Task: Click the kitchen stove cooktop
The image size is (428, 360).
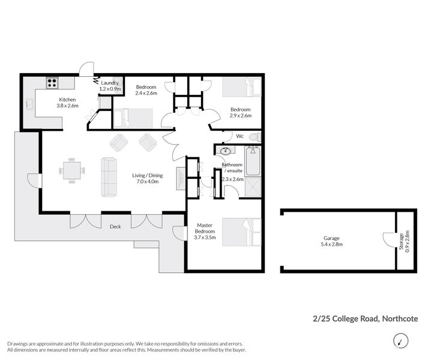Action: (x=52, y=83)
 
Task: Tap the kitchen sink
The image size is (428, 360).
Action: (x=29, y=104)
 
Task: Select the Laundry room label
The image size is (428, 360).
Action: (x=110, y=83)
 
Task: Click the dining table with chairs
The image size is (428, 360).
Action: (x=71, y=170)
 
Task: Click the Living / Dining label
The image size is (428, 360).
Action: (x=146, y=176)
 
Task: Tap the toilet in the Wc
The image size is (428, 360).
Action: (x=254, y=137)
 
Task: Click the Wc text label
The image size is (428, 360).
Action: (x=239, y=136)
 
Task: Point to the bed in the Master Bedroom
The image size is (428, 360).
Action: (x=242, y=232)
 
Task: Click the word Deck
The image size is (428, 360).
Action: (x=116, y=227)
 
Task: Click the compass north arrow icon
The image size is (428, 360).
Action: (x=398, y=341)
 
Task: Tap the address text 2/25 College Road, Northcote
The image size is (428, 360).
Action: (x=366, y=319)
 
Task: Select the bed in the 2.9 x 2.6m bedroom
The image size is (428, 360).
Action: (x=242, y=88)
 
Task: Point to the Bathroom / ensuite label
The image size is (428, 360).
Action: (x=232, y=167)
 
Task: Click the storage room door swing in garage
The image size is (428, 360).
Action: (x=388, y=238)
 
